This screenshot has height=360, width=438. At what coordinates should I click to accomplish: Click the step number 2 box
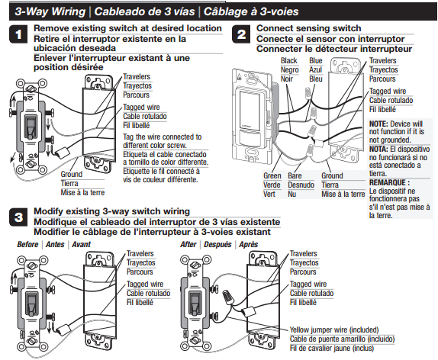[x=241, y=34]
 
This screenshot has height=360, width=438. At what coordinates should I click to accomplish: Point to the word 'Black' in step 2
[x=289, y=60]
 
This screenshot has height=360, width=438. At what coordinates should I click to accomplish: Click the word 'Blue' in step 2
[x=316, y=60]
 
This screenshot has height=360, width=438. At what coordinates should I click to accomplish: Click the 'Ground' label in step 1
[x=72, y=175]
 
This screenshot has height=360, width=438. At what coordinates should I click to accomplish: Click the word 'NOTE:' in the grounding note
[x=379, y=124]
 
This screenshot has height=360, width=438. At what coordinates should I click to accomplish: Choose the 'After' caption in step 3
[x=191, y=245]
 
